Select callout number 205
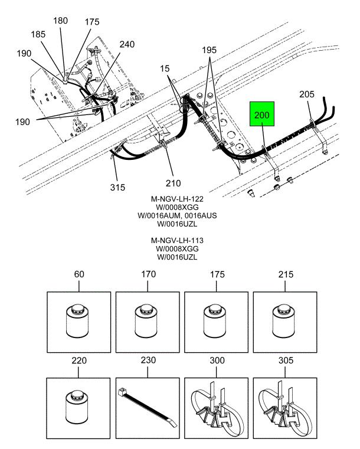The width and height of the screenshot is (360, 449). (x=307, y=94)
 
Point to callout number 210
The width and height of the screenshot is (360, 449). (x=174, y=183)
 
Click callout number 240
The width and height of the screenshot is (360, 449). (x=127, y=44)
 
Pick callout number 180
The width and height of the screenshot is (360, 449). (x=61, y=21)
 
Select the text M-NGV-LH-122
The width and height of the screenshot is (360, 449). (x=176, y=199)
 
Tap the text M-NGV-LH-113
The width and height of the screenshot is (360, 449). (x=176, y=241)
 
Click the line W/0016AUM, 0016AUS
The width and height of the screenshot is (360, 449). (x=176, y=216)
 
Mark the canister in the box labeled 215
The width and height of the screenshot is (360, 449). (x=285, y=321)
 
